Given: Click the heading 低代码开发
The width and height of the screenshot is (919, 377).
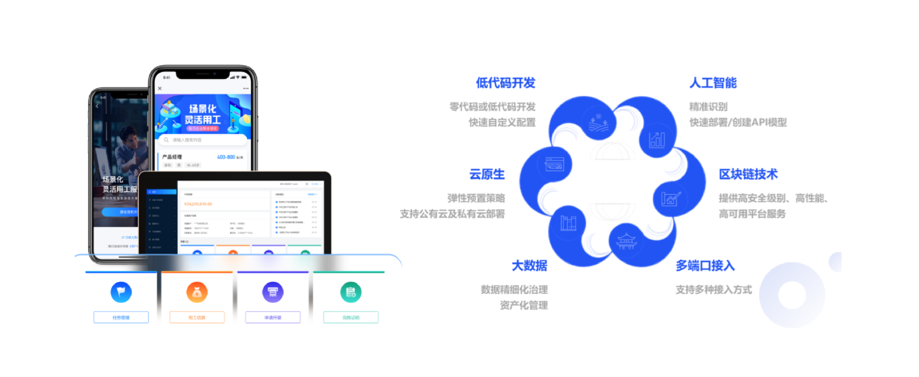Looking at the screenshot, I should (x=505, y=83).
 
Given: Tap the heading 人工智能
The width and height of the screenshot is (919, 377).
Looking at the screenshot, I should (x=713, y=83).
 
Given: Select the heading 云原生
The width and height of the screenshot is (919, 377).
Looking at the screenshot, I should (x=487, y=174).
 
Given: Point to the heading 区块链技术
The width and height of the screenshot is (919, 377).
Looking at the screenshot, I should (x=748, y=174).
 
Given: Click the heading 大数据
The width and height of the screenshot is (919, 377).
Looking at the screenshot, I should (x=529, y=266).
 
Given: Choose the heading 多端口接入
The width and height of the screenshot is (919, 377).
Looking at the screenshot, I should (x=705, y=266).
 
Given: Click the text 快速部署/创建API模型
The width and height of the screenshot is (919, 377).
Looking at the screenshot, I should (x=738, y=123).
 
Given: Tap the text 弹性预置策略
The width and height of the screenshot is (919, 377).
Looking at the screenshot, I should (x=476, y=198).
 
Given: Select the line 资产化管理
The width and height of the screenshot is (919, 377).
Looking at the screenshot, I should (x=523, y=306).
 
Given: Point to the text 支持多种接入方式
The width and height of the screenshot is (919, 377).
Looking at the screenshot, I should (x=714, y=290).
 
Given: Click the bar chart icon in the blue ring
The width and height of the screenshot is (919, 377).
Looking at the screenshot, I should (x=657, y=139).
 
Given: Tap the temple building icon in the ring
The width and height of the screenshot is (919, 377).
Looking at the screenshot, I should (x=626, y=241).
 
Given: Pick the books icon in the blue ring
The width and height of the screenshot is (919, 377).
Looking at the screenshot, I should (x=568, y=223).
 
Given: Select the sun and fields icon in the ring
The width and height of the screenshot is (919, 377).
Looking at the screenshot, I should (x=598, y=123).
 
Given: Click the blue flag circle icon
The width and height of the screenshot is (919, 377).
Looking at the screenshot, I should (x=121, y=292).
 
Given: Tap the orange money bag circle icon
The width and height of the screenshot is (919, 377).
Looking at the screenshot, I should (x=197, y=292).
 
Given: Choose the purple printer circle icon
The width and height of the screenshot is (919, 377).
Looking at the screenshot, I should (x=273, y=292).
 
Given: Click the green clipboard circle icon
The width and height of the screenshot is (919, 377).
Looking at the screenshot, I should (x=351, y=292).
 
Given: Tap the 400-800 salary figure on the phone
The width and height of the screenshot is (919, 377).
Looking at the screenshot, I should (x=226, y=157).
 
